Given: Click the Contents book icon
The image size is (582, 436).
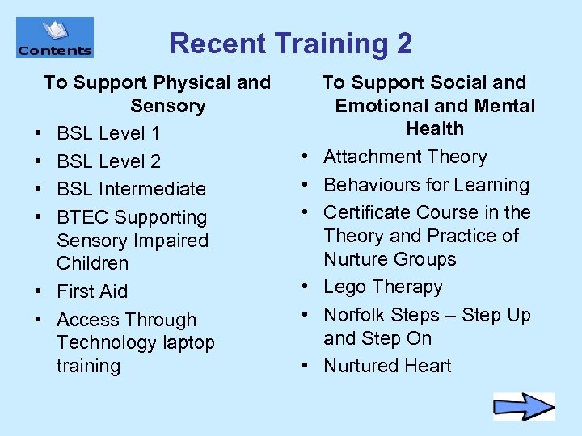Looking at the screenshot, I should pyautogui.click(x=54, y=37).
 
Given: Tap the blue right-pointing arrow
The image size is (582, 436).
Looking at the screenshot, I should pyautogui.click(x=524, y=406).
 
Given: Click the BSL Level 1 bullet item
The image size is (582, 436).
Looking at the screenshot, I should pyautogui.click(x=108, y=133).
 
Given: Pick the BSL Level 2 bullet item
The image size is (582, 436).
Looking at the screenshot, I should pyautogui.click(x=108, y=161).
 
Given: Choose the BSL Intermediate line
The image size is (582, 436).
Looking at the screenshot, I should pyautogui.click(x=131, y=189).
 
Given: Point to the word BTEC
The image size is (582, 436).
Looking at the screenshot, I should pyautogui.click(x=83, y=217).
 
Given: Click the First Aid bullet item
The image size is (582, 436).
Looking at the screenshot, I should pyautogui.click(x=92, y=291).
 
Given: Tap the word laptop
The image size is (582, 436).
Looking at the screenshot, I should pyautogui.click(x=188, y=342).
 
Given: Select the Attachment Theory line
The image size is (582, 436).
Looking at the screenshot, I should pyautogui.click(x=405, y=157).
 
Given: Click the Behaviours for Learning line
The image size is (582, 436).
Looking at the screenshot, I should pyautogui.click(x=426, y=185).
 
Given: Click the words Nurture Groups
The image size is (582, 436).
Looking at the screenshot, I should pyautogui.click(x=390, y=259).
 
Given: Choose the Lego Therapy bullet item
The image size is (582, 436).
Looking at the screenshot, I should pyautogui.click(x=383, y=287).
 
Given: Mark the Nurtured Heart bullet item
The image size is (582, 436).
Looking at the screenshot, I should pyautogui.click(x=387, y=366).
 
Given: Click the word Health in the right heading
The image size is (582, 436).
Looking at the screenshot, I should pyautogui.click(x=435, y=128).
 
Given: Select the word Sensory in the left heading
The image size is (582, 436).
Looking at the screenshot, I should pyautogui.click(x=168, y=106).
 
